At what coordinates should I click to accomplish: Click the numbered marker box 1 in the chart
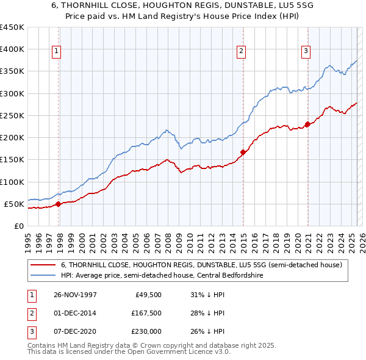pyautogui.click(x=56, y=52)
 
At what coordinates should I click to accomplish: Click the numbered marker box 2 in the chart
pyautogui.click(x=242, y=52)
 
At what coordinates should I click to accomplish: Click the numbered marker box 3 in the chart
pyautogui.click(x=306, y=52)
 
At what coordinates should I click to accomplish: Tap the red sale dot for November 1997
pyautogui.click(x=59, y=204)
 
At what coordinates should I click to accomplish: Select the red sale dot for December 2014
pyautogui.click(x=243, y=152)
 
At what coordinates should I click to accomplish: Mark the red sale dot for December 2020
pyautogui.click(x=307, y=124)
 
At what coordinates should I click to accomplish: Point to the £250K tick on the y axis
pyautogui.click(x=12, y=115)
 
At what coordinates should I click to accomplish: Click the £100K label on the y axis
pyautogui.click(x=12, y=182)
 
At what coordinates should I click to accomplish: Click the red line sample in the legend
pyautogui.click(x=43, y=265)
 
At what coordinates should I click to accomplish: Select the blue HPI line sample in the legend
pyautogui.click(x=43, y=276)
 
